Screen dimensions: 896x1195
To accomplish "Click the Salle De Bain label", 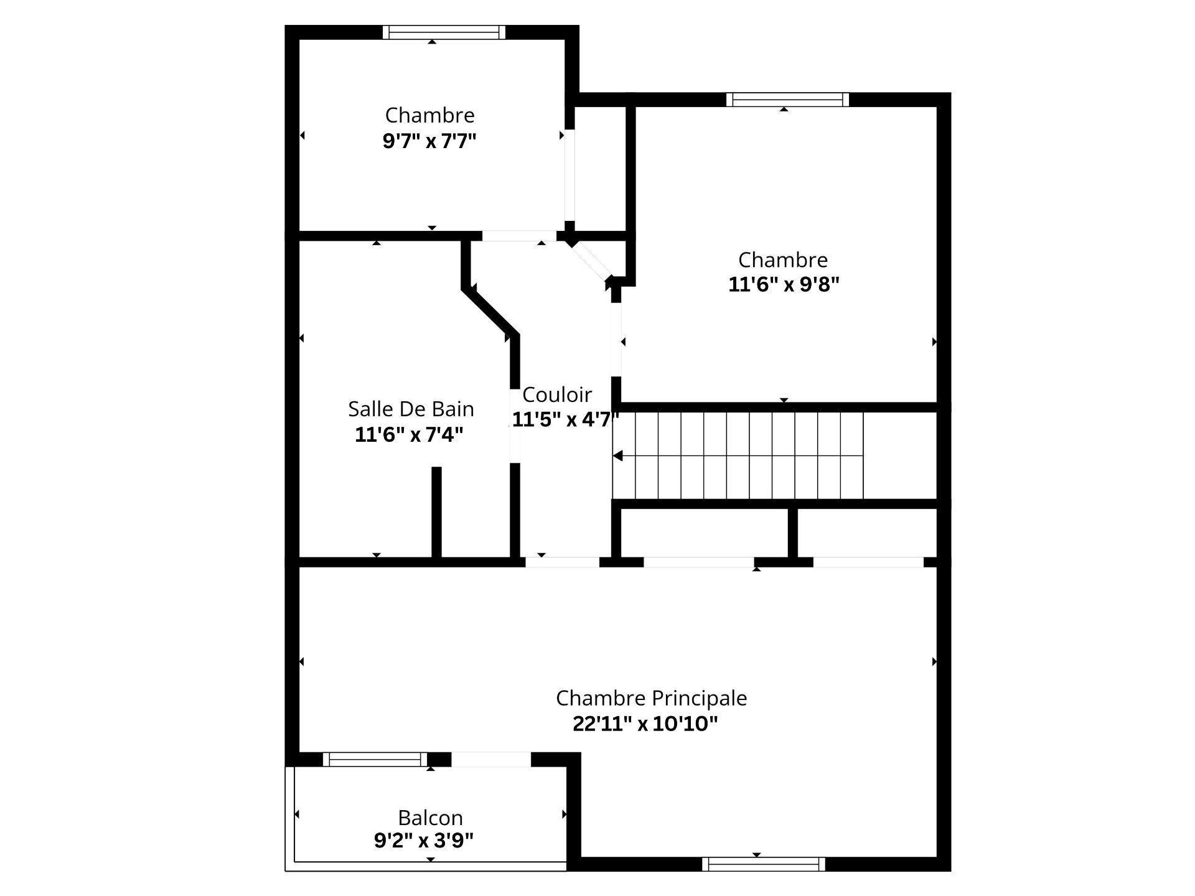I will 411,409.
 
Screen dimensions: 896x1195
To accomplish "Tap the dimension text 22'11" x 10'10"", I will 645,724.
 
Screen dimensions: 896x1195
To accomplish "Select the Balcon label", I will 430,817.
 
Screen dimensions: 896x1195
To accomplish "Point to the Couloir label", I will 556,394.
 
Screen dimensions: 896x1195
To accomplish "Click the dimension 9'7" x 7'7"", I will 429,141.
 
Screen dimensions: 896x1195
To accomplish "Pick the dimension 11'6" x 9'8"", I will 784,284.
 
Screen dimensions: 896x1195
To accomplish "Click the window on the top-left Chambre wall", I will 444,32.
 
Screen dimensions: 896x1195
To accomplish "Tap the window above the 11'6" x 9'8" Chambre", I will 787,100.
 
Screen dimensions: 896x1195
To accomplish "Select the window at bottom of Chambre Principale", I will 764,864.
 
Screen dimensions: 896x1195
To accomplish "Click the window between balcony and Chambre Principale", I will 375,759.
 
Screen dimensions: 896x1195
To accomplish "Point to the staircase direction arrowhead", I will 617,456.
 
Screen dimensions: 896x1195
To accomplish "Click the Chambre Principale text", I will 651,698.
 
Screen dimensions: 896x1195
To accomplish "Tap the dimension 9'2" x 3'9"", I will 423,841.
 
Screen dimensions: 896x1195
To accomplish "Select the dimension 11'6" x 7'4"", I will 409,434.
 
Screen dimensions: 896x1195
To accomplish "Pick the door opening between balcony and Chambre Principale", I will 490,759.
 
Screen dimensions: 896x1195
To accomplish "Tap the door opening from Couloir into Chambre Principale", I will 562,562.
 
